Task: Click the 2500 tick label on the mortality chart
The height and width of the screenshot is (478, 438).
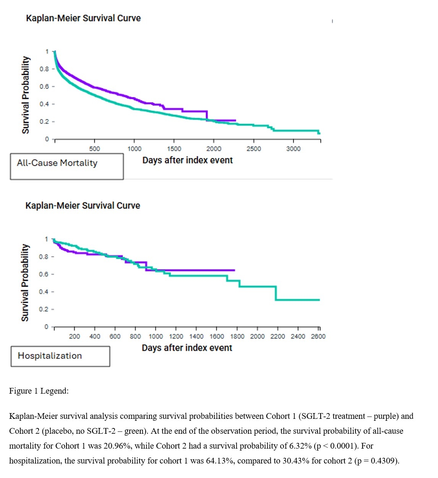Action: pos(253,149)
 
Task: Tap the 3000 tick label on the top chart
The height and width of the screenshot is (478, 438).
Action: pos(293,149)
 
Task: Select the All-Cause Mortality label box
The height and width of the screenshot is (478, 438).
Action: pos(67,166)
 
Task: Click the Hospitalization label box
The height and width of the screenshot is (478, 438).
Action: pos(60,356)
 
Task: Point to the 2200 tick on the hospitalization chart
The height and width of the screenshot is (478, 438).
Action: pos(277,336)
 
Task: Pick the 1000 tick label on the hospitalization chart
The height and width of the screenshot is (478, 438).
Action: pos(156,336)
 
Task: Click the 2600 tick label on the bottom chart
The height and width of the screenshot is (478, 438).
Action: pos(318,336)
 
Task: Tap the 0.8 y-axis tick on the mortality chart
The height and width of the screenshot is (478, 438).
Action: pos(44,69)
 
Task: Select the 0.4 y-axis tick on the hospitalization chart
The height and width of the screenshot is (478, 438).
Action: pos(44,292)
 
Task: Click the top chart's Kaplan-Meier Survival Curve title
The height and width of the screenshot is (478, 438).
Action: pos(83,18)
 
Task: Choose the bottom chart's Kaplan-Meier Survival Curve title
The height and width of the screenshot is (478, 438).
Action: pos(83,206)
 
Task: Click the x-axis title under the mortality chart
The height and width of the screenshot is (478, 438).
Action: pos(187,160)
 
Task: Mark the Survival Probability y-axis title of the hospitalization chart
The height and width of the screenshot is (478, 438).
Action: pos(25,283)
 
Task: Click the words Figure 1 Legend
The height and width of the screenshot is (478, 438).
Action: pos(39,391)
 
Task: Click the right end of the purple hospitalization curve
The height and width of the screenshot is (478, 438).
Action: pos(234,270)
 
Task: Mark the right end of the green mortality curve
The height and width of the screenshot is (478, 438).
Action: pos(319,133)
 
